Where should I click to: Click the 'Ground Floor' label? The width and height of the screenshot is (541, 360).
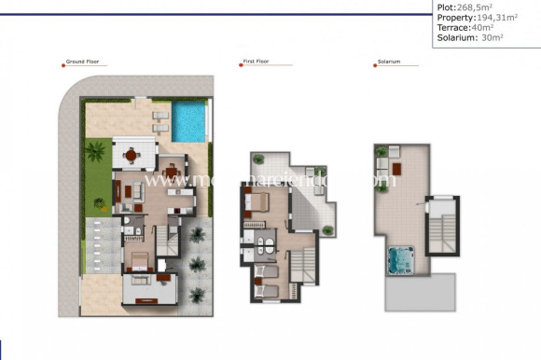pyautogui.click(x=85, y=62)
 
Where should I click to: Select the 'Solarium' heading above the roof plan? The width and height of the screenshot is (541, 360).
pyautogui.click(x=389, y=62)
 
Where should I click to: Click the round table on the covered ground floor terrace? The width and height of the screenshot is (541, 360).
pyautogui.click(x=131, y=155)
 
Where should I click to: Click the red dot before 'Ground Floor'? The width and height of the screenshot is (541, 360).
pyautogui.click(x=64, y=62)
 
